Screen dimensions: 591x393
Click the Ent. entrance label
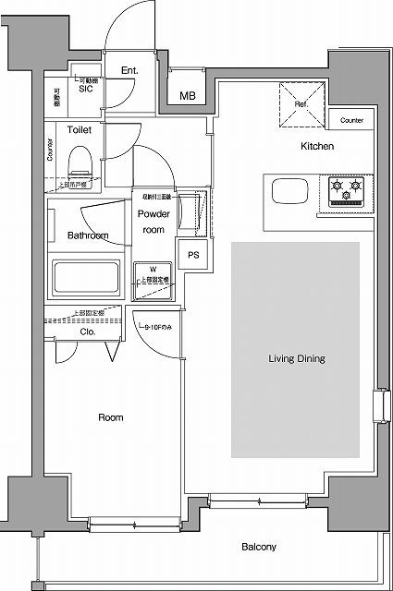129,69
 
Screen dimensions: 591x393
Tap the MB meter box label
187,95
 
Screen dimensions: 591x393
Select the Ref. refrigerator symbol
301,105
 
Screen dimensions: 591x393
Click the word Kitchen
317,147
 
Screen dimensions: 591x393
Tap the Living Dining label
297,358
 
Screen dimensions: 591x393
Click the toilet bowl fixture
80,163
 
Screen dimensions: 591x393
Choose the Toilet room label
80,130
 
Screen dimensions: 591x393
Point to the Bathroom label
88,235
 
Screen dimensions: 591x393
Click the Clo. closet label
88,331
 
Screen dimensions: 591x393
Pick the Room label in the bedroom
111,418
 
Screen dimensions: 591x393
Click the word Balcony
259,548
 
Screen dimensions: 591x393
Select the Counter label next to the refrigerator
351,121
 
